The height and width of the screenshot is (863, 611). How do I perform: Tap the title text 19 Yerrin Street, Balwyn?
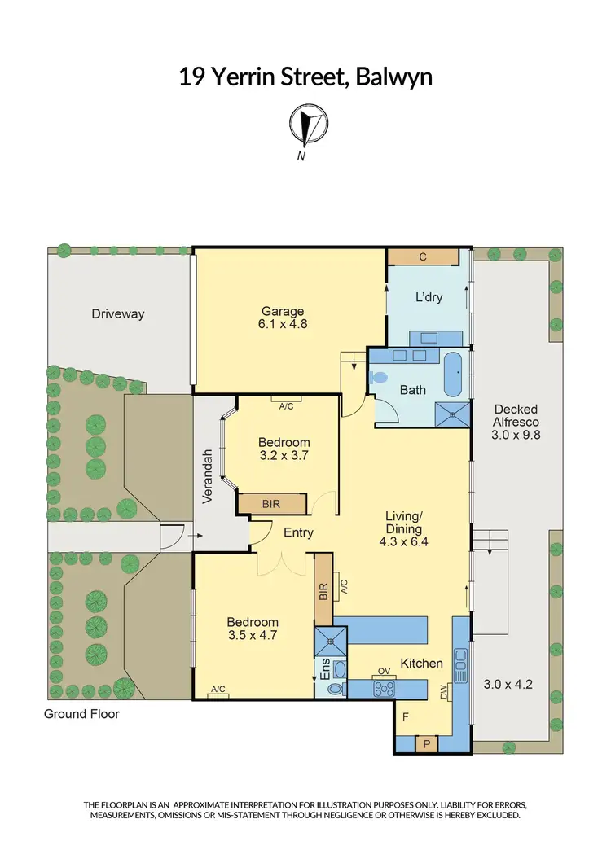coord(305,77)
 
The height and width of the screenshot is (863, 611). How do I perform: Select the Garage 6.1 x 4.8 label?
coord(283,317)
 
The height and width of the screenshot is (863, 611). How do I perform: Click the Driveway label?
coord(117,313)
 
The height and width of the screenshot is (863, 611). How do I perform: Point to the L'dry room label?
coord(429,297)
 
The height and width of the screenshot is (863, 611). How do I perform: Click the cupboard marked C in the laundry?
coord(423,257)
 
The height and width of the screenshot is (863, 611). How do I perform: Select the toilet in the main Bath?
coord(378,377)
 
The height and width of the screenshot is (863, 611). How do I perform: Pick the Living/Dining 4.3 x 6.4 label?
coord(405,528)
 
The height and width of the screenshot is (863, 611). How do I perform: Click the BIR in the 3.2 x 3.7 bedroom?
coord(271,504)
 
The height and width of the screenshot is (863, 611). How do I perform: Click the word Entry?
coord(299,533)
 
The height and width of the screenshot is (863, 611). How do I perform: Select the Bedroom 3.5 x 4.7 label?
coord(253,629)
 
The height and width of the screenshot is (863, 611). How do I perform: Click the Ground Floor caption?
coord(82,714)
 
